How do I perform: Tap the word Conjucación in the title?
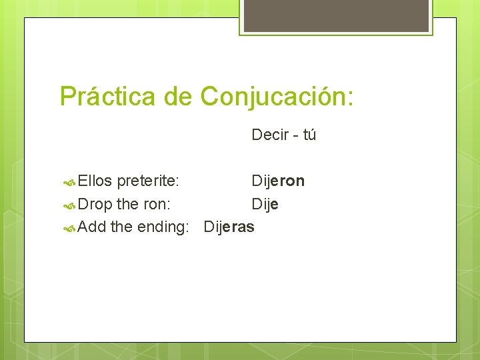276,97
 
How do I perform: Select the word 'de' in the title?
178,97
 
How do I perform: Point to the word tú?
309,135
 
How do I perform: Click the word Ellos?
95,181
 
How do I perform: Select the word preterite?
147,181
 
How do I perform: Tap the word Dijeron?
278,181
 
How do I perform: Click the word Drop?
95,204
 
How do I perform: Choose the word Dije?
265,204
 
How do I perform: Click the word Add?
92,227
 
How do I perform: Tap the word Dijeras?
229,227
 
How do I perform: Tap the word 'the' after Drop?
127,204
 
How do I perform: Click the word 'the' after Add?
121,227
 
